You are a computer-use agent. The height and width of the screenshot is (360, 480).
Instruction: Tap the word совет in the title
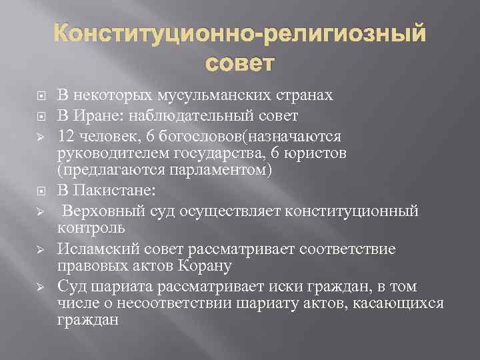(240, 63)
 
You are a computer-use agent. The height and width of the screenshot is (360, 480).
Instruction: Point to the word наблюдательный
(193, 116)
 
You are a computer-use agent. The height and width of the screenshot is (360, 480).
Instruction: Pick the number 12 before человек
(66, 137)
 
